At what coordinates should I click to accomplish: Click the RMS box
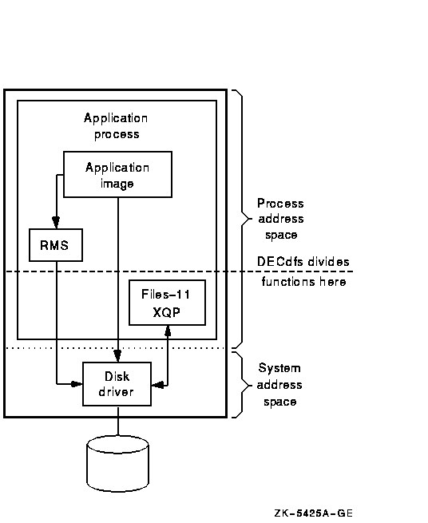click(56, 245)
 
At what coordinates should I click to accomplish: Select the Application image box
click(117, 174)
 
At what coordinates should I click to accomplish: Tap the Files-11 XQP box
click(167, 303)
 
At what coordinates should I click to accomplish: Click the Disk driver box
click(117, 384)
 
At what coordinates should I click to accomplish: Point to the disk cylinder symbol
click(117, 464)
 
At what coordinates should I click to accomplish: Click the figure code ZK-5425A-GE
click(313, 513)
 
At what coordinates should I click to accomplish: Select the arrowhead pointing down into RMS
click(56, 223)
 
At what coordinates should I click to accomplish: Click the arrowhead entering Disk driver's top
click(117, 356)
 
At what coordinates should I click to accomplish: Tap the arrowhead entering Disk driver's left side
click(77, 384)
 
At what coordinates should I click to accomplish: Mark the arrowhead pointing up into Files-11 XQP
click(168, 331)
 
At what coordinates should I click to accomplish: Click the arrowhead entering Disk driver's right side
click(157, 385)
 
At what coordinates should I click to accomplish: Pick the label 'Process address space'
click(280, 219)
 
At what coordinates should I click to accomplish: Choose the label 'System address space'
click(279, 385)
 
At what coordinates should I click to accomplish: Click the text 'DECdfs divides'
click(303, 262)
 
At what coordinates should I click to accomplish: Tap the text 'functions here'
click(303, 282)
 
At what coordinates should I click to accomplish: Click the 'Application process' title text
click(116, 126)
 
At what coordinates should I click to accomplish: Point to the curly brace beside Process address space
click(242, 219)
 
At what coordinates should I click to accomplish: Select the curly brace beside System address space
click(242, 385)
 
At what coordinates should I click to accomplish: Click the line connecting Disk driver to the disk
click(117, 421)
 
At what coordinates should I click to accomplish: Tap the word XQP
click(166, 312)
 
